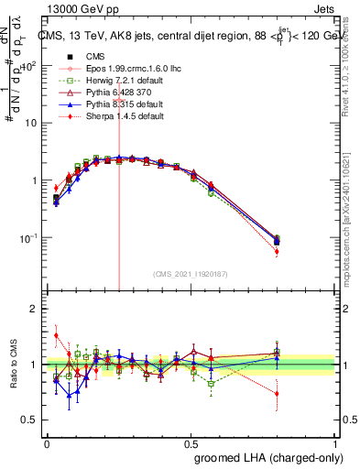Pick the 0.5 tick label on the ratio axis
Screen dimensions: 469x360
[x=29, y=420]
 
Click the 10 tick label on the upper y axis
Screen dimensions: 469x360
[x=29, y=123]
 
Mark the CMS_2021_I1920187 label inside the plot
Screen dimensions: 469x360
[x=191, y=273]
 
